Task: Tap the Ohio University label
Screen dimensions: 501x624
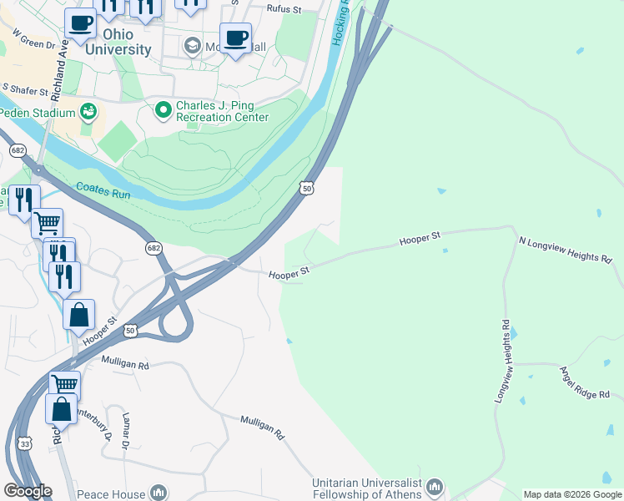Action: (116, 42)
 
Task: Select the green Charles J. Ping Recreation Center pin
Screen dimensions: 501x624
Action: (162, 109)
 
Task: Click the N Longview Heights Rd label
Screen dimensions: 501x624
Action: (565, 250)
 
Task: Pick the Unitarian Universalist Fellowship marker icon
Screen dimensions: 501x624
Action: (434, 487)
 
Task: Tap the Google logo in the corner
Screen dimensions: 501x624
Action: (28, 491)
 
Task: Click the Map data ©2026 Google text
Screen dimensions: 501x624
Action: (571, 494)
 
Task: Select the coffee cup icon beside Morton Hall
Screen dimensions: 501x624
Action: (235, 38)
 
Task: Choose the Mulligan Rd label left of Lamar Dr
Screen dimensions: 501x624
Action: (125, 365)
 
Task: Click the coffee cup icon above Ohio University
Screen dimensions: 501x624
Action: (80, 23)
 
